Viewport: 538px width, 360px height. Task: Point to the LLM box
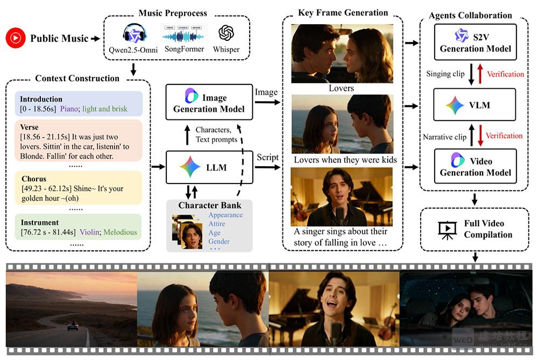coord(209,167)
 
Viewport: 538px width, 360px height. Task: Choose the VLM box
coord(468,105)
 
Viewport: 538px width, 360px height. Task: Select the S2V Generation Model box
coord(468,41)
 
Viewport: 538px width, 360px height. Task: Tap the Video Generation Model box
coord(468,166)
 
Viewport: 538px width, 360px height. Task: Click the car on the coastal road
coord(72,326)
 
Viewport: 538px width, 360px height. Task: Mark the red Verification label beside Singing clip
coord(505,74)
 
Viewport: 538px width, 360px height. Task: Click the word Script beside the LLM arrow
coord(268,157)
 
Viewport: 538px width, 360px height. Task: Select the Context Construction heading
coord(77,79)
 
